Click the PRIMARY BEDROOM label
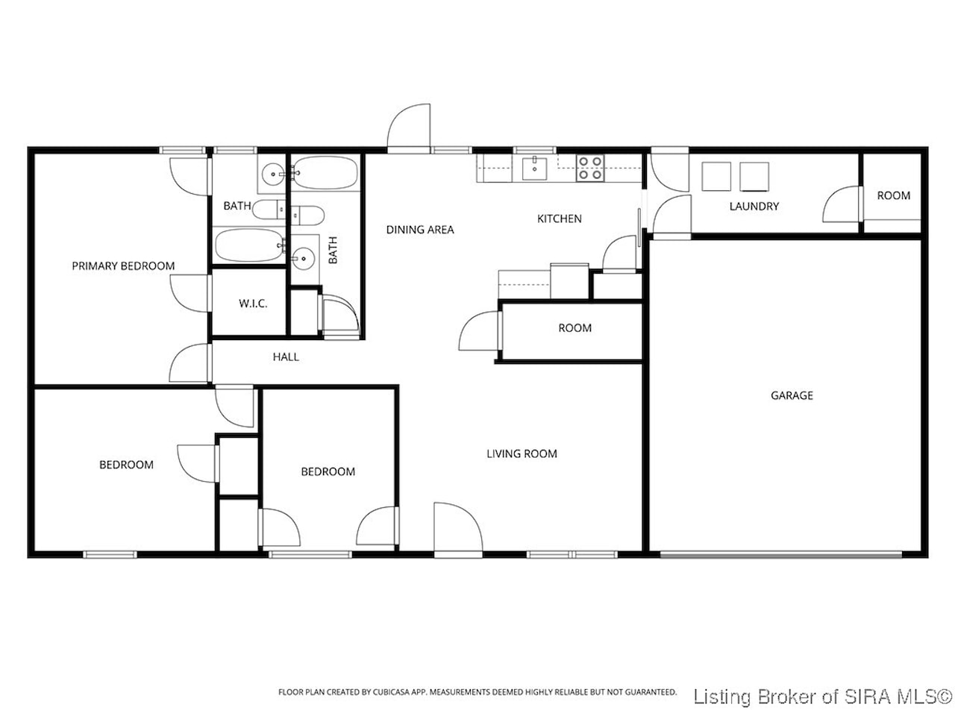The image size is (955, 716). click(123, 266)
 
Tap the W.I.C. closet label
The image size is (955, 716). click(253, 303)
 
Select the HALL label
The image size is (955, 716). click(286, 357)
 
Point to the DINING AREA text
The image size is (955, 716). click(420, 230)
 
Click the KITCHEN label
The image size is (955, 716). click(559, 219)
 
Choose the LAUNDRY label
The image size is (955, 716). click(754, 206)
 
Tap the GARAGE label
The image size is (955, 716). click(792, 395)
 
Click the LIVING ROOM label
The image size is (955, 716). click(522, 453)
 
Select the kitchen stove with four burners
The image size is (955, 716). click(590, 168)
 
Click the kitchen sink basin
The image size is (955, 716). click(534, 169)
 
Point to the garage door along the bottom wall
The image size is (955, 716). click(781, 554)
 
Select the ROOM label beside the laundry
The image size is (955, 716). click(894, 195)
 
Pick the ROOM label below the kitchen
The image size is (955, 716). click(574, 327)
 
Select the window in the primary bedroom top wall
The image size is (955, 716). click(182, 150)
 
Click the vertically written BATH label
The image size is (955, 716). click(333, 250)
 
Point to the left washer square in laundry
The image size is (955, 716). click(716, 176)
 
